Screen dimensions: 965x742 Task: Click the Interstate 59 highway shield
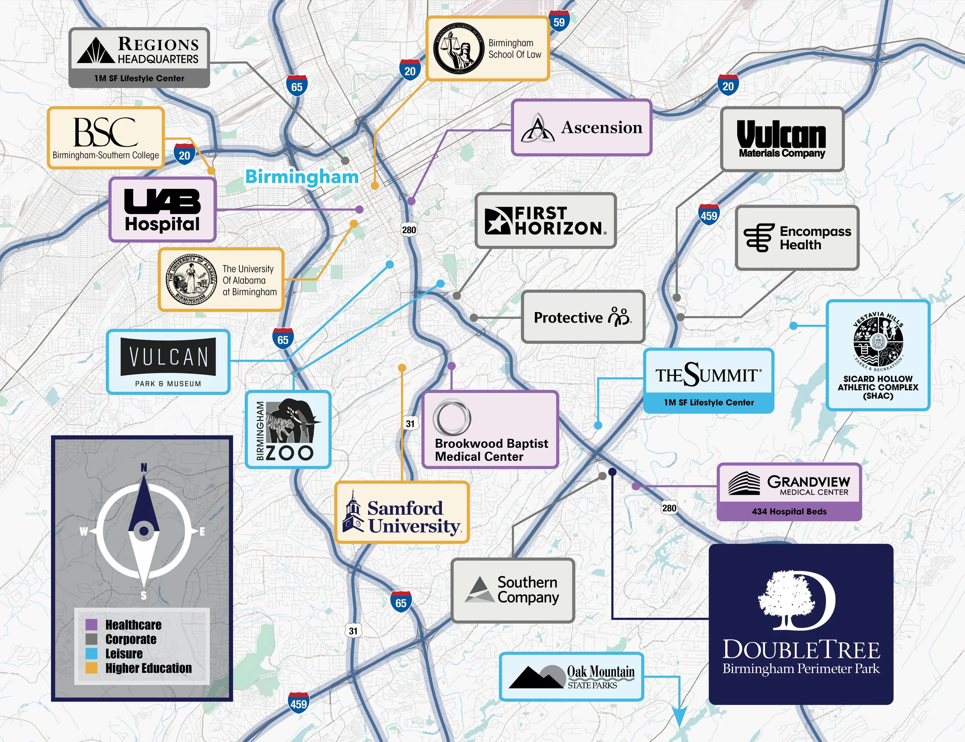(559, 22)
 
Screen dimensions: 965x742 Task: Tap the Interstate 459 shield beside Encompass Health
(709, 215)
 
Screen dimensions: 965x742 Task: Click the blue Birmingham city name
(302, 177)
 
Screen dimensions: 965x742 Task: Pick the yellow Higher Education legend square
(91, 668)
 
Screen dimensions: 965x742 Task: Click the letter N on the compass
(144, 468)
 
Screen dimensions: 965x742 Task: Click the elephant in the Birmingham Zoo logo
(294, 419)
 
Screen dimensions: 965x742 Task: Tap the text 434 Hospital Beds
(789, 511)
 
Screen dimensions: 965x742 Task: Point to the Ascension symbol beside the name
(537, 128)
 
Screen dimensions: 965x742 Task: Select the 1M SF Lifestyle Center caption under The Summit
(708, 402)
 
